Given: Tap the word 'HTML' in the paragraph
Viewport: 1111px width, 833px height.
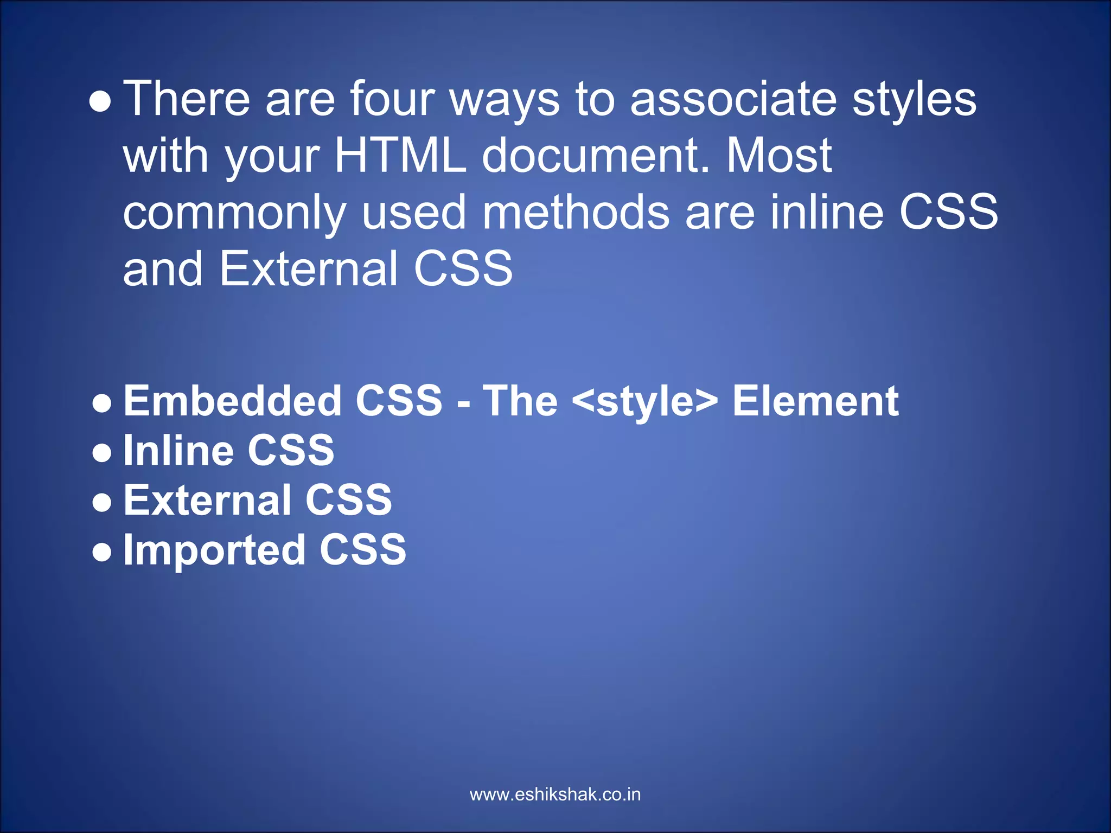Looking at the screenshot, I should pos(400,156).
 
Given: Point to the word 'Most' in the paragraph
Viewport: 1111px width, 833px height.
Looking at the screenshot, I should pos(778,156).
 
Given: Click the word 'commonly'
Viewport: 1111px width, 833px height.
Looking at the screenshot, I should pos(234,213).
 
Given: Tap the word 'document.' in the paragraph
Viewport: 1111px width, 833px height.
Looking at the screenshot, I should pos(596,156).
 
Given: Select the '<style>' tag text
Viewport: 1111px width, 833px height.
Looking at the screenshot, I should pos(644,402).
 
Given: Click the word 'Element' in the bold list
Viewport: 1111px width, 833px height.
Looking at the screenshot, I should pos(815,401).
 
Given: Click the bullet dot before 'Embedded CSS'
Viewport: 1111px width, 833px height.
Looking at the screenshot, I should pos(102,403).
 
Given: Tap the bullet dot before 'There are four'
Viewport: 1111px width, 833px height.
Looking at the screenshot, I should pos(100,102).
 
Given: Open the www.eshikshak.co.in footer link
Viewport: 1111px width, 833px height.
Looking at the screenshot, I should pos(555,795).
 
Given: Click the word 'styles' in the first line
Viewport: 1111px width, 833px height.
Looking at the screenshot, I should pos(914,100).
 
